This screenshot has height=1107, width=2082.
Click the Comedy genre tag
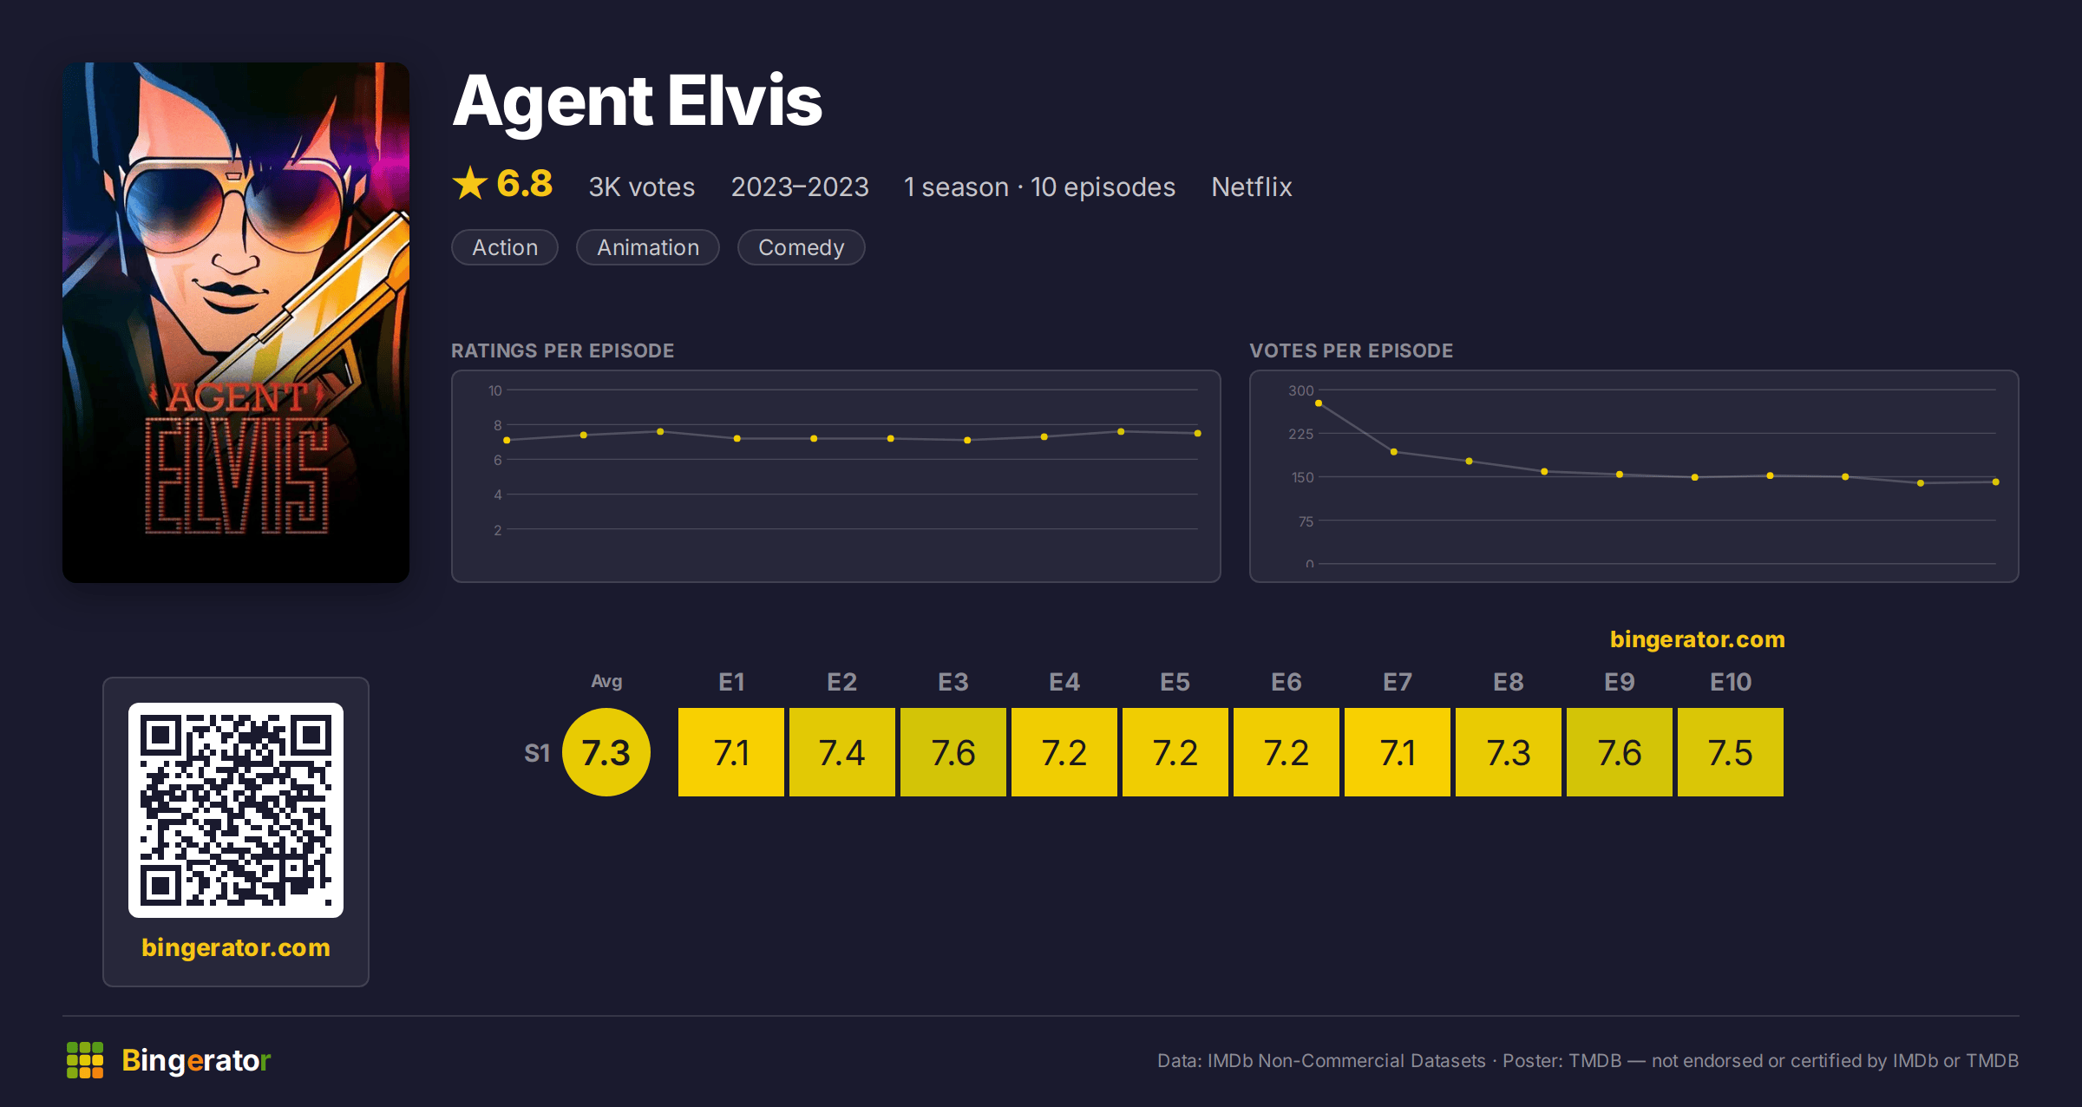coord(801,247)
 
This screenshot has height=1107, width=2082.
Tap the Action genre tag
coord(505,247)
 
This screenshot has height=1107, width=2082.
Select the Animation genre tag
coord(648,247)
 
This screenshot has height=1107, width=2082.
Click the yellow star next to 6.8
coord(470,183)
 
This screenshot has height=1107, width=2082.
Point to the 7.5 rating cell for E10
coord(1731,752)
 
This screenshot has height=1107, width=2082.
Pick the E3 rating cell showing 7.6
coord(953,752)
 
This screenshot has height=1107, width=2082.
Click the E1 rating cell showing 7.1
coord(731,752)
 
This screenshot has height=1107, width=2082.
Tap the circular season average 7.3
coord(606,752)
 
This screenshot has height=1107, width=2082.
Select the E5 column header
coord(1175,682)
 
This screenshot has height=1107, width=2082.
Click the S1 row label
coord(537,753)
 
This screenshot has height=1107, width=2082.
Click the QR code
coord(236,810)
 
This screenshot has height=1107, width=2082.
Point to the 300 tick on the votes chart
coord(1301,390)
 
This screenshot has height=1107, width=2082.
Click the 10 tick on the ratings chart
coord(495,390)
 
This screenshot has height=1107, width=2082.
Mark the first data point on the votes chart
coord(1319,403)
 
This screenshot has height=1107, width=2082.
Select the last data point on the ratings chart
coord(1198,433)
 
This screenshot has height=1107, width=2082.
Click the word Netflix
coord(1252,187)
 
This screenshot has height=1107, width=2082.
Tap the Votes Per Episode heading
coord(1352,350)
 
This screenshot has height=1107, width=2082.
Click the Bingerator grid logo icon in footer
coord(85,1060)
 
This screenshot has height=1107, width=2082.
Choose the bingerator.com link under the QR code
coord(236,947)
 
